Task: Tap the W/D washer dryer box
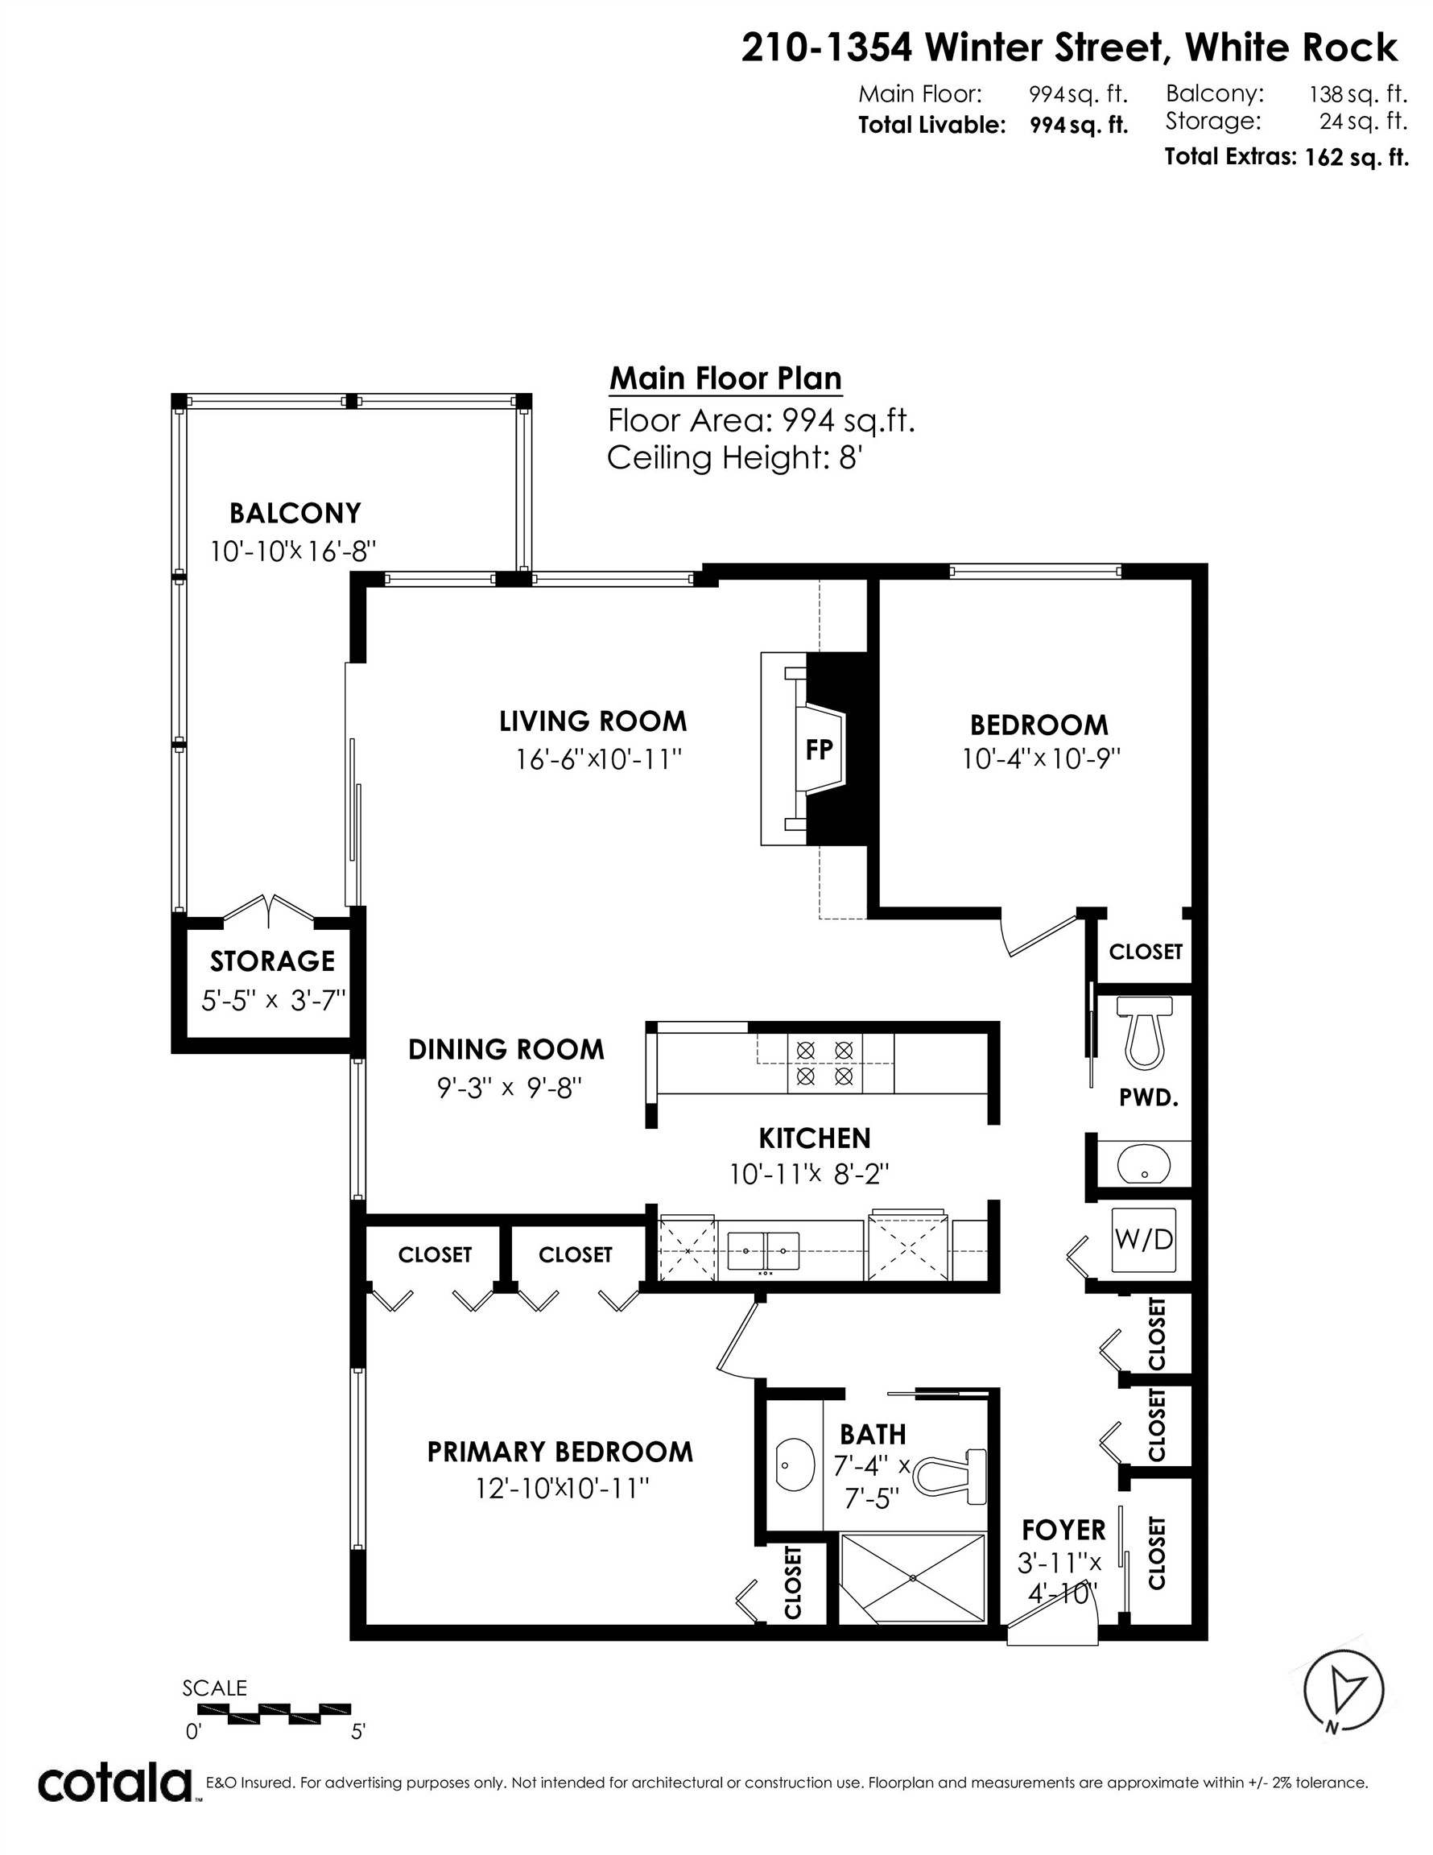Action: pos(1143,1240)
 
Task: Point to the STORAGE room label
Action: pos(273,961)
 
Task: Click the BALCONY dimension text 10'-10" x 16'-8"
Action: pos(293,552)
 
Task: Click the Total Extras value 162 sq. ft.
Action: pos(1356,157)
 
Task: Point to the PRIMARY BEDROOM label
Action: pos(560,1452)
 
